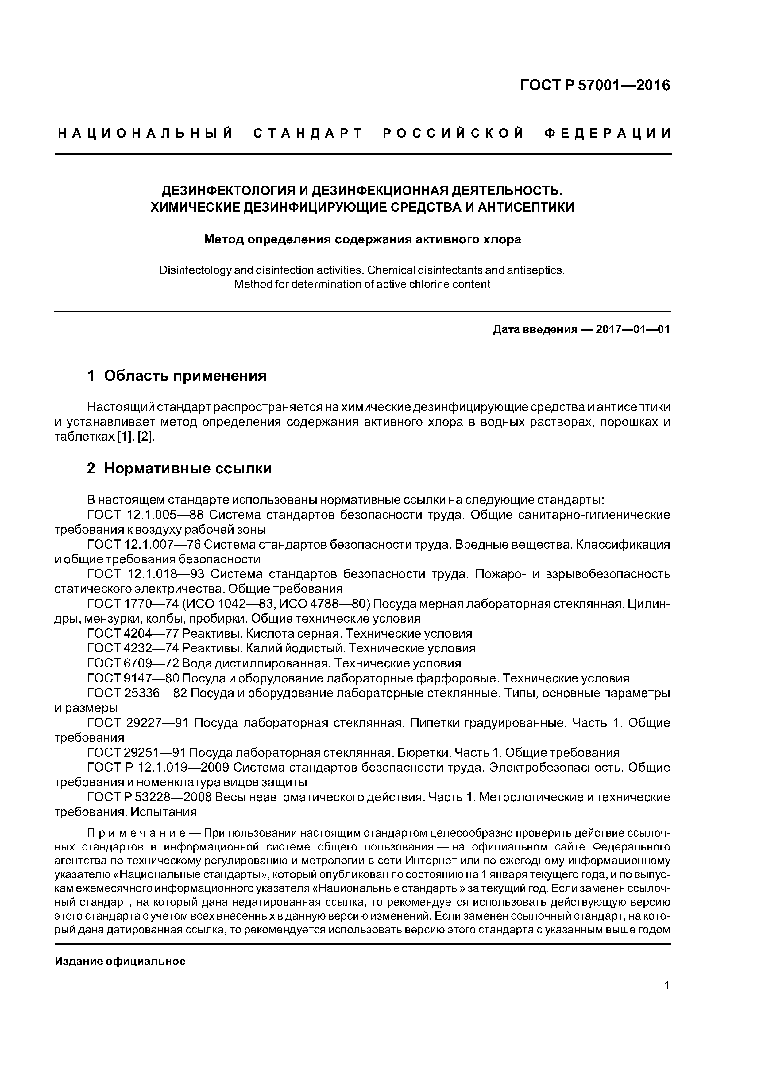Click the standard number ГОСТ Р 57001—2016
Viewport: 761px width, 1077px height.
[x=596, y=85]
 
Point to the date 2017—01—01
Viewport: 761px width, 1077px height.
[x=632, y=330]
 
